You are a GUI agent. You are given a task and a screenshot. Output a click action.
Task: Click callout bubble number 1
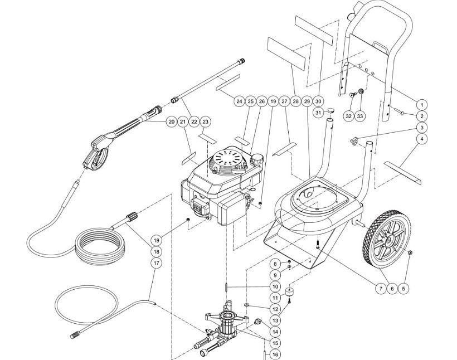pos(422,104)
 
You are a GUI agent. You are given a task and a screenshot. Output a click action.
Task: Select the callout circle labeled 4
pos(422,139)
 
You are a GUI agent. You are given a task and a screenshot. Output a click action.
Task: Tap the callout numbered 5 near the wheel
pos(405,288)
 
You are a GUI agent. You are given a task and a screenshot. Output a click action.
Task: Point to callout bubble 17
pos(156,262)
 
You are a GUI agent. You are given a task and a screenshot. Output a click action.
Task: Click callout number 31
pos(319,113)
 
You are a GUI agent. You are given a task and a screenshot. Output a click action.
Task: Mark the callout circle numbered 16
pos(275,354)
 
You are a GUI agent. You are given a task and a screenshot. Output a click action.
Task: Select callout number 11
pos(275,298)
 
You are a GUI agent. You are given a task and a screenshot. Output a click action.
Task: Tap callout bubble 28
pos(294,101)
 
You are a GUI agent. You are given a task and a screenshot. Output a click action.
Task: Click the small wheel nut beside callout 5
pos(410,255)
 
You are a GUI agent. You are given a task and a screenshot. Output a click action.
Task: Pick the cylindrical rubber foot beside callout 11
pos(290,292)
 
